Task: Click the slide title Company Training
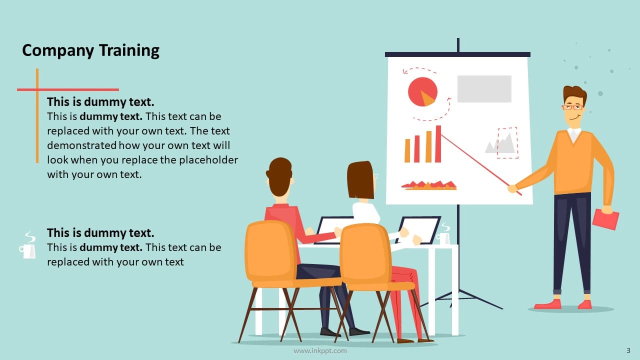90,50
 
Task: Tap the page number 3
628,350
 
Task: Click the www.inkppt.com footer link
320,351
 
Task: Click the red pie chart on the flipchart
422,92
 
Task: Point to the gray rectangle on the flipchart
484,89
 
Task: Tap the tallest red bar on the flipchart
438,144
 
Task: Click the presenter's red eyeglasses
572,106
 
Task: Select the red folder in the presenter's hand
605,219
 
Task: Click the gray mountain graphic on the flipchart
500,144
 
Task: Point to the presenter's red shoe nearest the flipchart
547,304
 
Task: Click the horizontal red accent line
68,89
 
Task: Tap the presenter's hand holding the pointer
512,188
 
